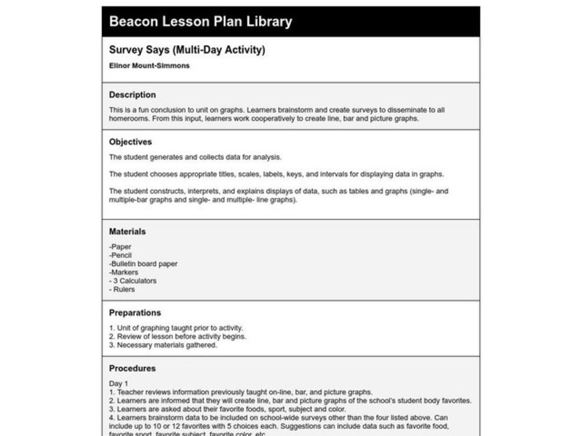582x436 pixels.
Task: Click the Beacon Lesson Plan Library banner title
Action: tap(200, 22)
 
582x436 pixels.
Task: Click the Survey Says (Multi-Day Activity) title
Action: tap(187, 50)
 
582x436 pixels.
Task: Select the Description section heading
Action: tap(132, 94)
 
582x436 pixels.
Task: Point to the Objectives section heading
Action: tap(130, 142)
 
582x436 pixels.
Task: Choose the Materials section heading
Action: tap(127, 232)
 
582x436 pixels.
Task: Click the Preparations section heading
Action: tap(135, 312)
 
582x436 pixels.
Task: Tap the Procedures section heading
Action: tap(132, 368)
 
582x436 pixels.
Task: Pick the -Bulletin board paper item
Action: tap(143, 264)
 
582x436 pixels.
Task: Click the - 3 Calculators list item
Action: tap(132, 280)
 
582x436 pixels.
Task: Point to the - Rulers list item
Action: tap(122, 288)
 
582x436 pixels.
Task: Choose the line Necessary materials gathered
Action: tap(163, 344)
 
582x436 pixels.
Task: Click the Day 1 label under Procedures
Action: tap(119, 383)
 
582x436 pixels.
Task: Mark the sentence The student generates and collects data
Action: tap(195, 156)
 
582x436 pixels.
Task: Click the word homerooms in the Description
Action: tap(129, 118)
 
